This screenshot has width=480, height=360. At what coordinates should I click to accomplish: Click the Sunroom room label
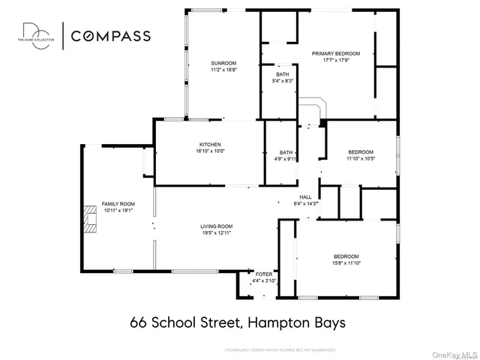(x=223, y=63)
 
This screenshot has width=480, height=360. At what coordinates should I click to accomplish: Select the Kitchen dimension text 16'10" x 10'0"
(x=210, y=151)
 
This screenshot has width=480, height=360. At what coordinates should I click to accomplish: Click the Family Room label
(x=118, y=204)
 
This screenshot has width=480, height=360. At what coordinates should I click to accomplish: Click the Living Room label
(x=216, y=226)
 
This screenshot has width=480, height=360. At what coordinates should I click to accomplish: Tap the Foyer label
(x=263, y=274)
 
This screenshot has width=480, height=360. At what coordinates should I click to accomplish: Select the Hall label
(x=305, y=197)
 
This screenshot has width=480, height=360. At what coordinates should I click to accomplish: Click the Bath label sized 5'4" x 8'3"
(x=282, y=74)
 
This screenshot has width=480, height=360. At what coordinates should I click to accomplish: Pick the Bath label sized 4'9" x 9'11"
(x=286, y=152)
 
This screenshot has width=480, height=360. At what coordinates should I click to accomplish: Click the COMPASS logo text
(x=111, y=35)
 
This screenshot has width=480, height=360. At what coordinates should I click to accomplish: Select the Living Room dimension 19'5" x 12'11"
(x=216, y=233)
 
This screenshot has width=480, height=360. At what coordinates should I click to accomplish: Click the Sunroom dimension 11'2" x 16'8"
(x=223, y=70)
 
